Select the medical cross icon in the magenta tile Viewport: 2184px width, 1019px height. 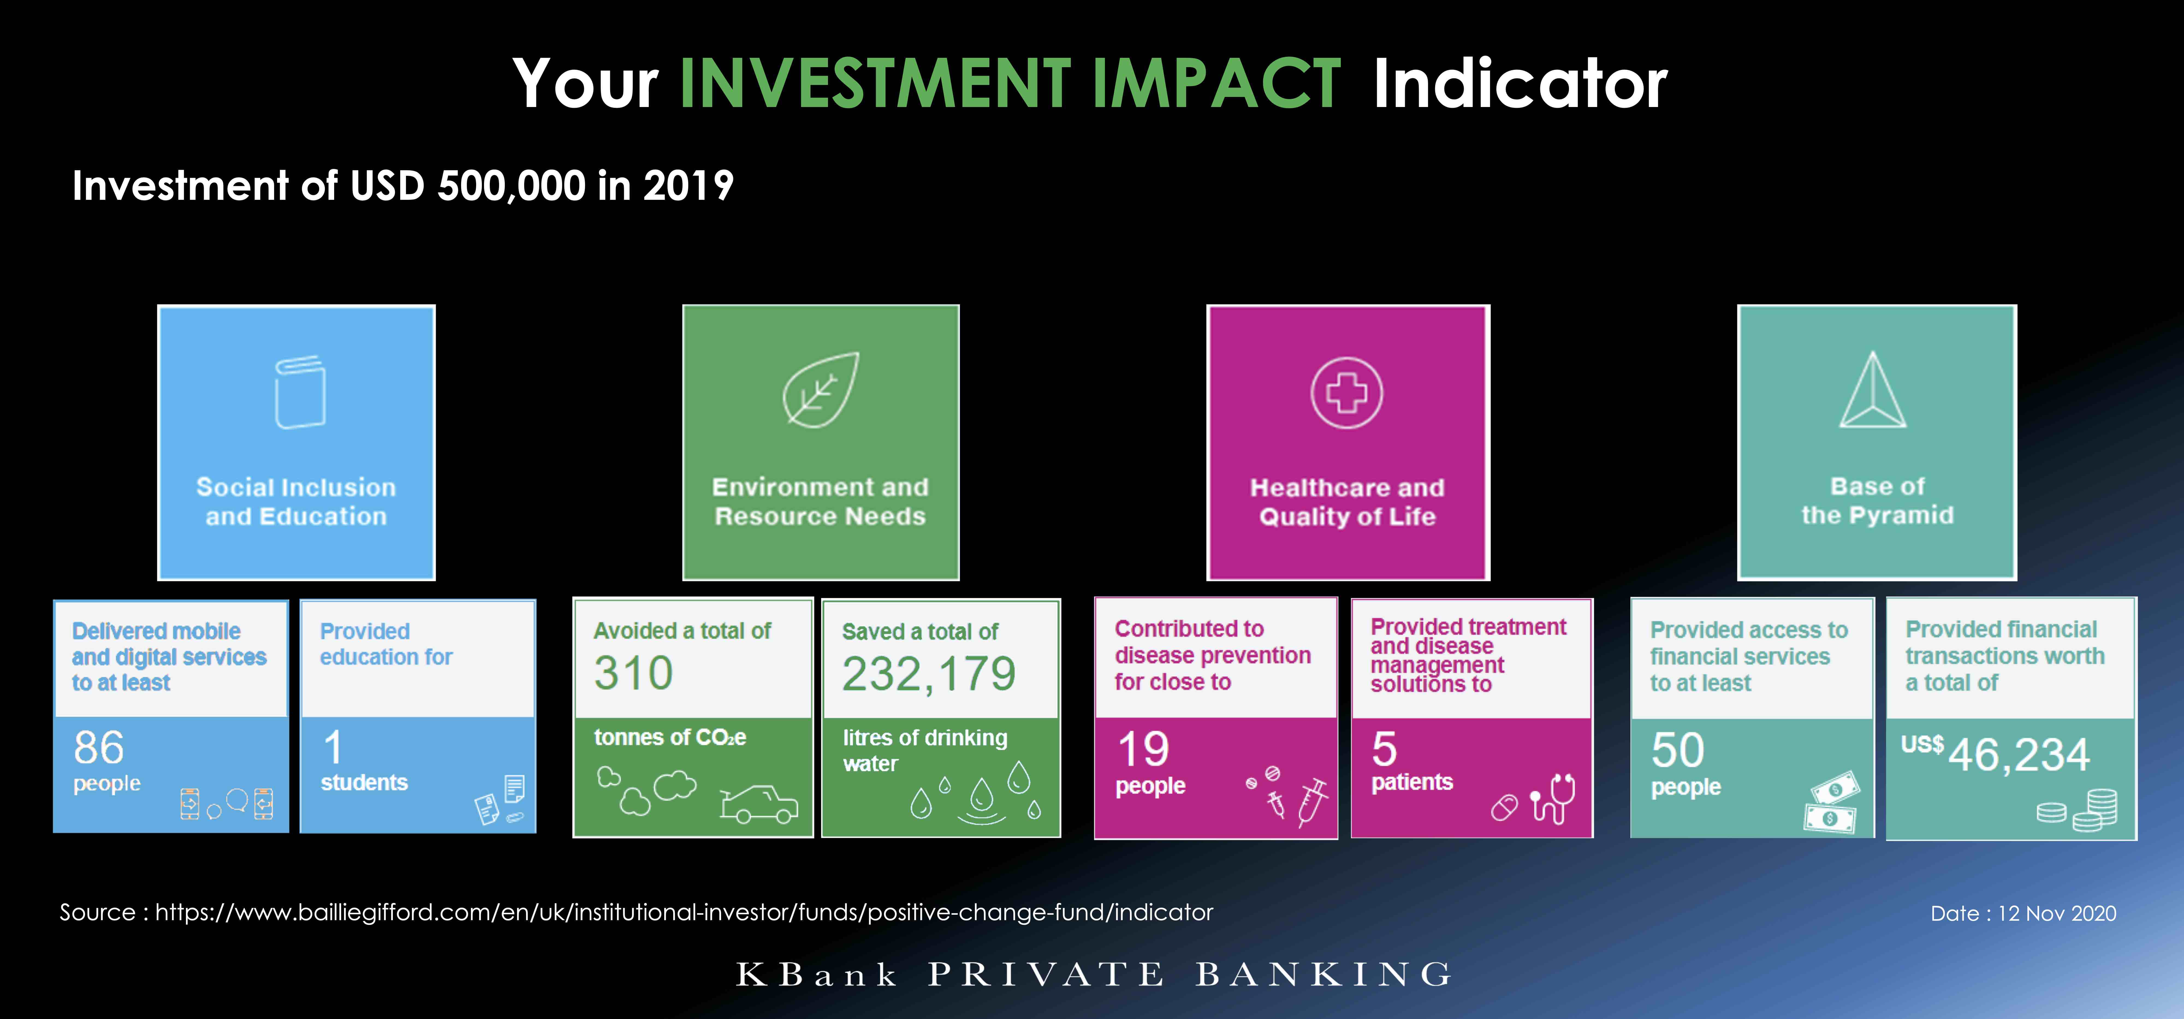point(1346,393)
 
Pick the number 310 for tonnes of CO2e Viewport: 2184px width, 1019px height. point(633,673)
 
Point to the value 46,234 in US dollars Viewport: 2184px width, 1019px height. point(2019,754)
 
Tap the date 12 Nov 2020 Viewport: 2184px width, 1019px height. point(2057,913)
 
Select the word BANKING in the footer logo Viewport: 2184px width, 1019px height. point(1324,974)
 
